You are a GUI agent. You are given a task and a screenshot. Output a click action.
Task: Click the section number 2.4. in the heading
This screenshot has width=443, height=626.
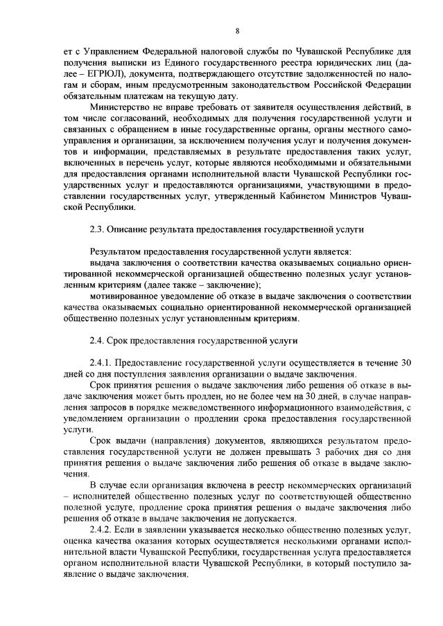98,340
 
